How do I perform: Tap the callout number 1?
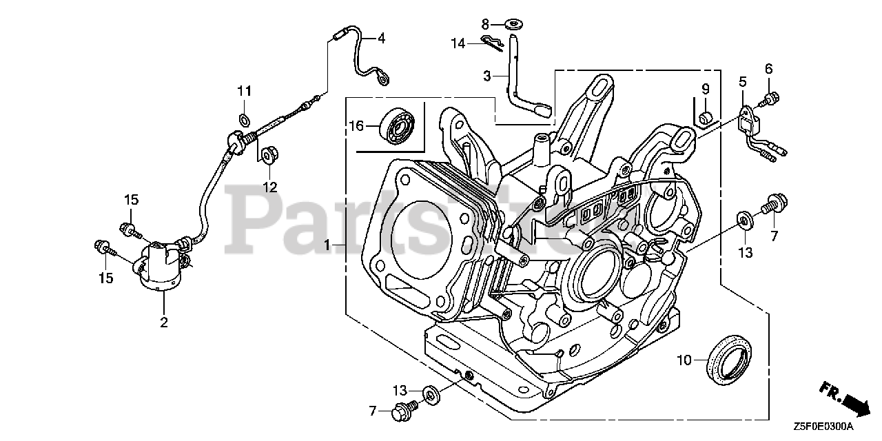coord(329,245)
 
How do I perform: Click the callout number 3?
coord(486,76)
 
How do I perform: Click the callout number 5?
coord(742,81)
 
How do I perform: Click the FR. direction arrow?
coord(845,399)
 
